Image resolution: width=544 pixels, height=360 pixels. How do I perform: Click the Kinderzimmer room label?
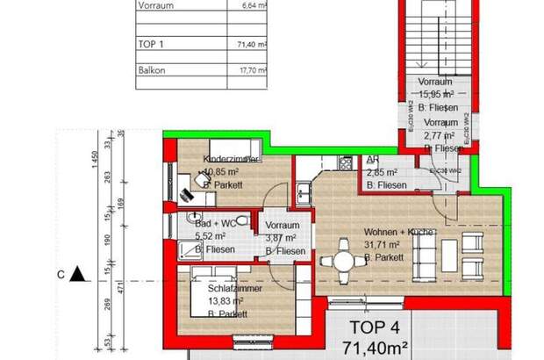pos(231,159)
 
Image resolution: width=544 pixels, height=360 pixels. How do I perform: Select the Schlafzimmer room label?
pos(232,287)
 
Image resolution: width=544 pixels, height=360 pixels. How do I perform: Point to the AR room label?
pos(372,161)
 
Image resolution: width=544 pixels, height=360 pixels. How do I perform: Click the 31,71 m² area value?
pos(383,245)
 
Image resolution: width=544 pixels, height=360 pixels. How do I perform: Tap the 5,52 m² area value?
pos(206,237)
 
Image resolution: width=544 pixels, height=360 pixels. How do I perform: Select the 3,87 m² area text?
pos(278,237)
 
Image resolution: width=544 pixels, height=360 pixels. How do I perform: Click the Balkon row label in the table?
pos(153,70)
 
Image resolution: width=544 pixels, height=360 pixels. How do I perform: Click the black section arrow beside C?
pos(77,274)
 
